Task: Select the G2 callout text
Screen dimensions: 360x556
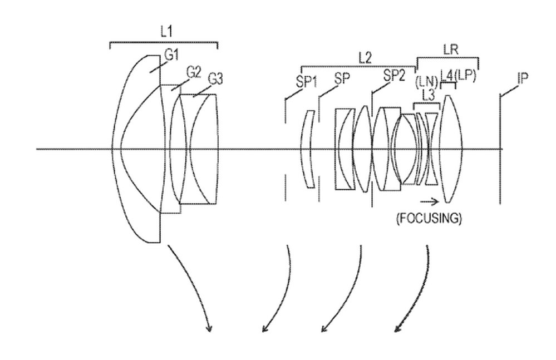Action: coord(193,72)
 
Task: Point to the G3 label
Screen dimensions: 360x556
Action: coord(215,80)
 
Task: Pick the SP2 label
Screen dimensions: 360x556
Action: coord(394,76)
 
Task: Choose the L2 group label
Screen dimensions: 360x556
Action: coord(365,57)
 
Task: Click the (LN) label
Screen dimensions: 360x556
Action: coord(427,82)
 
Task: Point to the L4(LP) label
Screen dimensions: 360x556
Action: coord(457,75)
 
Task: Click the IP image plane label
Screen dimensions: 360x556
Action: coord(522,78)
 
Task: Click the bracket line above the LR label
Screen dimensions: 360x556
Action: coord(447,57)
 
